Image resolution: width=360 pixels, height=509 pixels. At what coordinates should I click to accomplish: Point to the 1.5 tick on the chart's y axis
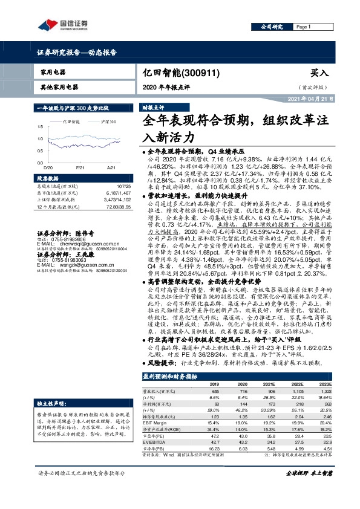(x=40, y=126)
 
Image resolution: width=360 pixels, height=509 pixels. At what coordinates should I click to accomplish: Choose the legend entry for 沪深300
(x=109, y=122)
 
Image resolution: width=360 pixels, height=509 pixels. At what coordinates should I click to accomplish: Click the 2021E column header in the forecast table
(x=267, y=384)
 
